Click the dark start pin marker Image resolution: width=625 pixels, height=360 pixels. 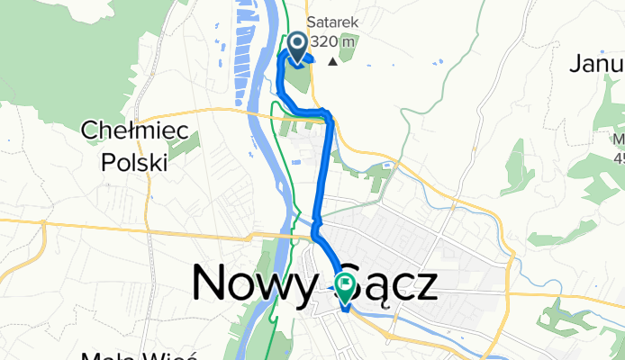click(x=297, y=46)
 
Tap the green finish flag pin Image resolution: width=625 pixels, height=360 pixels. click(x=346, y=287)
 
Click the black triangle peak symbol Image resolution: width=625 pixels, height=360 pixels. click(x=334, y=61)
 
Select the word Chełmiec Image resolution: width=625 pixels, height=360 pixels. click(x=134, y=132)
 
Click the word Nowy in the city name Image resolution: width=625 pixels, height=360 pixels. click(x=250, y=285)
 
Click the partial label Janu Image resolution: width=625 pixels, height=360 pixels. click(x=598, y=64)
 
